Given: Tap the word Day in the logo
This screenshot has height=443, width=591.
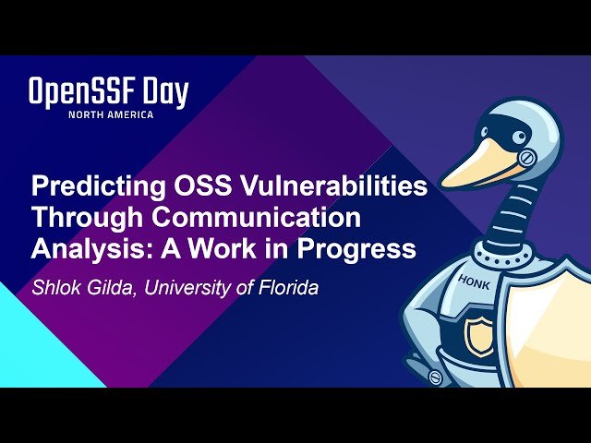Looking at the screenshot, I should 166,93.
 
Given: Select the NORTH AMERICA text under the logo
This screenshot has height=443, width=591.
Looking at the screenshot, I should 110,114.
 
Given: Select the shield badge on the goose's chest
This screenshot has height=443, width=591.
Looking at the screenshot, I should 480,335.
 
